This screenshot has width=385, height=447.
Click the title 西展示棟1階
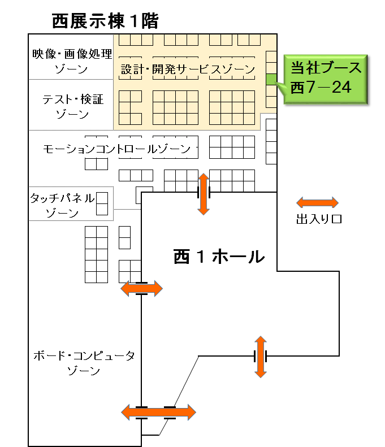(x=105, y=21)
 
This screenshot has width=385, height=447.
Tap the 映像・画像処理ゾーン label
(x=72, y=61)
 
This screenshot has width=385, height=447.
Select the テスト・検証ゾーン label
(x=73, y=107)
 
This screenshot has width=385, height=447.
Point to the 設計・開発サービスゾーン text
(x=188, y=69)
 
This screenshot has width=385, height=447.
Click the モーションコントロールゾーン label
(x=116, y=149)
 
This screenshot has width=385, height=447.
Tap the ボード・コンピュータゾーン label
(x=84, y=363)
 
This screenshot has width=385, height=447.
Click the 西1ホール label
(x=219, y=257)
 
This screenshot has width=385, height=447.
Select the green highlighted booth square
(x=271, y=79)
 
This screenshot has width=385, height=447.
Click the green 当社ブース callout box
(x=326, y=79)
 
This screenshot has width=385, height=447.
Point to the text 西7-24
(x=321, y=87)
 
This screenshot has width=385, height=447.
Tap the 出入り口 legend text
(x=319, y=219)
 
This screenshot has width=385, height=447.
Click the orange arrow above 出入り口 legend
(x=317, y=203)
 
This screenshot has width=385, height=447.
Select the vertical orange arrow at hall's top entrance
(x=204, y=194)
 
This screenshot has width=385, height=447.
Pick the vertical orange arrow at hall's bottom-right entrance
(x=261, y=357)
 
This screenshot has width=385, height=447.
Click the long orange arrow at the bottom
(x=158, y=412)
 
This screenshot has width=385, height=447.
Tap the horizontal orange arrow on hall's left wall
(x=142, y=289)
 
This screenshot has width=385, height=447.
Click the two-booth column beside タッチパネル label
(x=102, y=203)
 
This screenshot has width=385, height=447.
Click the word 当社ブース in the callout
(x=326, y=68)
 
